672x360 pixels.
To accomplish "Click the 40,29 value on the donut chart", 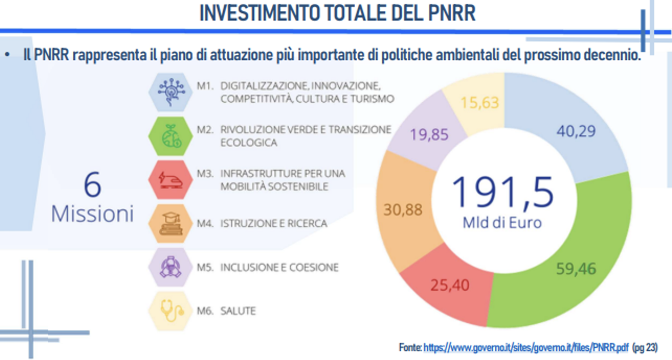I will pos(576,131).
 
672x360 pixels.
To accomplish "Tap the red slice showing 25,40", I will pos(450,284).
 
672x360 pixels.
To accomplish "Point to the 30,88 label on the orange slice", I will pos(403,209).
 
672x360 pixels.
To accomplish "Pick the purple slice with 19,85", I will pos(429,134).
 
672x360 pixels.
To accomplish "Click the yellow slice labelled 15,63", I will pos(479,102).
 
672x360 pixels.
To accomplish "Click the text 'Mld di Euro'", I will pos(502,222).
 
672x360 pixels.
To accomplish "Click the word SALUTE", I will pos(238,311).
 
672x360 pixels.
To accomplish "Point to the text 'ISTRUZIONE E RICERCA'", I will pos(273,224).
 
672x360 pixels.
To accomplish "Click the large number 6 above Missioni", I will pos(92,186).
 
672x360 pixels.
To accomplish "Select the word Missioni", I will pos(92,214).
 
